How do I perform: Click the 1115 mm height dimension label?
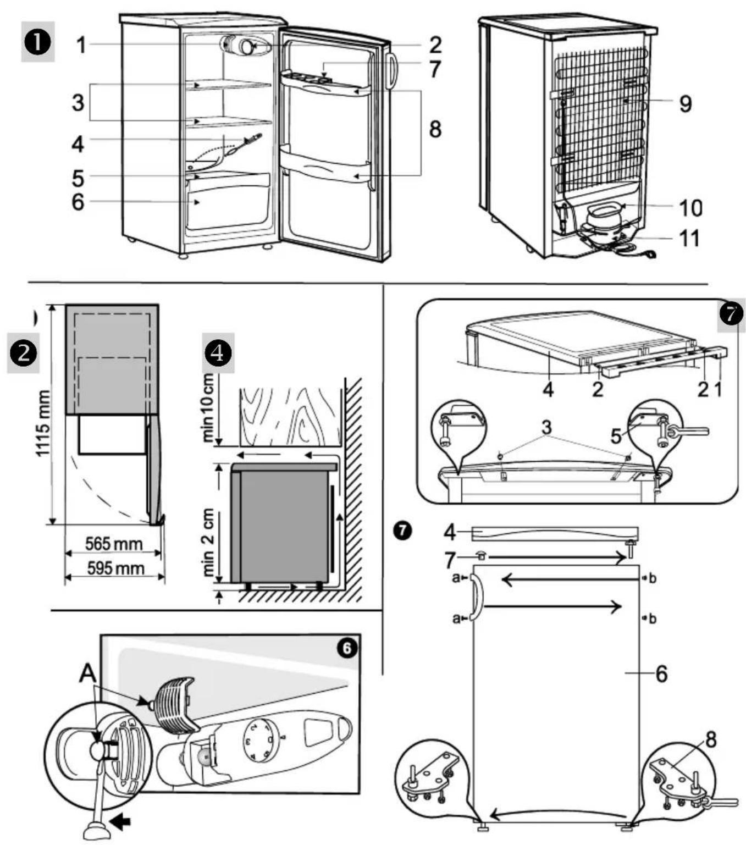[x=44, y=423]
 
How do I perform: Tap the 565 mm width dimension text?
[x=114, y=544]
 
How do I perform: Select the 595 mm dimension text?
[x=116, y=568]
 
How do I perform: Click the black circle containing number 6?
[x=347, y=648]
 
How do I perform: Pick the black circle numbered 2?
[x=23, y=353]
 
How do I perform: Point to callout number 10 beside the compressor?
[x=690, y=207]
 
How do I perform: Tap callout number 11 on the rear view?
[x=689, y=239]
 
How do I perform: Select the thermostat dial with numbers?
[x=262, y=741]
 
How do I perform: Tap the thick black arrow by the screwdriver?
[x=120, y=821]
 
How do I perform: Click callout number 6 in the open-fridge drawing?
[x=78, y=202]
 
